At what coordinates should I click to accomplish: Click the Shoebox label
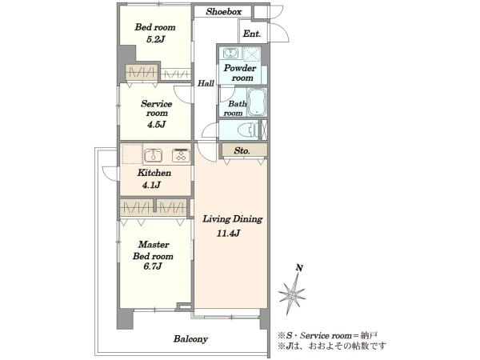click(x=224, y=12)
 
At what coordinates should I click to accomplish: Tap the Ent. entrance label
click(x=252, y=34)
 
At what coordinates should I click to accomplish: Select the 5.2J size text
click(x=155, y=39)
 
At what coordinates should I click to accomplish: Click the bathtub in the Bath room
click(x=257, y=102)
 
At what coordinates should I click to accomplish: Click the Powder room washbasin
click(x=228, y=54)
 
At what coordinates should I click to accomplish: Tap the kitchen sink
click(x=154, y=155)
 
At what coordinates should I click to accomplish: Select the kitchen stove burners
click(x=181, y=155)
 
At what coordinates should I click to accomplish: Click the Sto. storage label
click(x=242, y=150)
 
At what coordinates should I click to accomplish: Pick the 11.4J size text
click(x=228, y=234)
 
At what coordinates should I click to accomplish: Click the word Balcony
click(x=190, y=339)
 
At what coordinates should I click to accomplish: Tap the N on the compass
click(x=299, y=268)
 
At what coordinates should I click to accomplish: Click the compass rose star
click(x=292, y=294)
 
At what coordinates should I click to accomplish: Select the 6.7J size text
click(x=153, y=266)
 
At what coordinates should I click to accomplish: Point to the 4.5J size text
click(x=156, y=125)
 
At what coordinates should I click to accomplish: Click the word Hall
click(x=206, y=83)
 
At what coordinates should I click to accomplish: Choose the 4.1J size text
click(x=151, y=185)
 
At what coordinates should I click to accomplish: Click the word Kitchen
click(x=154, y=173)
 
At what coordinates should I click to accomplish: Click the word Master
click(x=154, y=245)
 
